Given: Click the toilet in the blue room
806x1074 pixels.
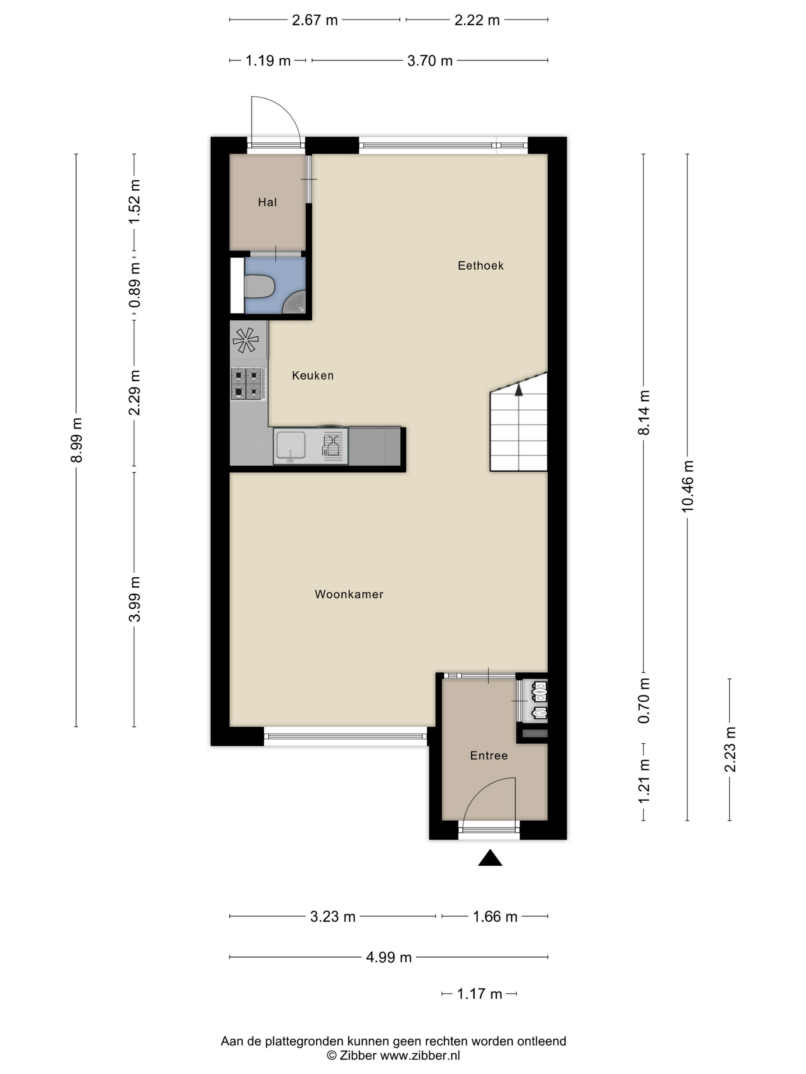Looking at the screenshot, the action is point(259,287).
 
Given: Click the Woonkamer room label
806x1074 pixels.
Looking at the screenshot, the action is point(349,594).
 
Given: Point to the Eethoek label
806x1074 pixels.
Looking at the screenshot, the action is point(481,265).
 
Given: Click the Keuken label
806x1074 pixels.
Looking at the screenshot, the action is point(312,375).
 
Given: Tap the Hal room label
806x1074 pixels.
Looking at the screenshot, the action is point(267,202).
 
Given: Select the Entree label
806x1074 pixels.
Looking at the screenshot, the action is point(489,756).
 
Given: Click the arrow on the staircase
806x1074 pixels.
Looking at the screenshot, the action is point(519,389).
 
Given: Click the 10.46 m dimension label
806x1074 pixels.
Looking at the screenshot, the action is point(687,486).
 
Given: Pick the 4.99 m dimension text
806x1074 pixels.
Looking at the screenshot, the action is point(389,957).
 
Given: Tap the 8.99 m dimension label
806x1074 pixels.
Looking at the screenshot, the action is point(76,440).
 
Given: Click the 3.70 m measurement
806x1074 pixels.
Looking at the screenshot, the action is point(429,61).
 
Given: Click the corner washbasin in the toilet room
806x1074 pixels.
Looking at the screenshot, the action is point(296,303).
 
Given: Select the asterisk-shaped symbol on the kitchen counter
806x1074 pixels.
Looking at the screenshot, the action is point(245,340).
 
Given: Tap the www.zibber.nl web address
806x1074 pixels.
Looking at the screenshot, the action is point(420,1056).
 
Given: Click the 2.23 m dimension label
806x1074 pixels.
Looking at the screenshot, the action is point(730,749).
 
